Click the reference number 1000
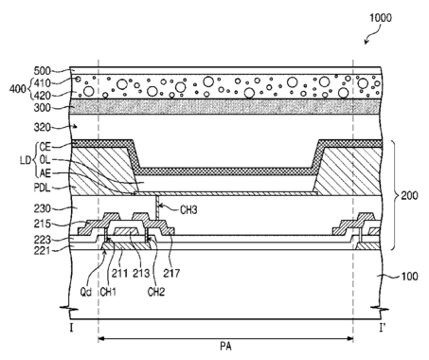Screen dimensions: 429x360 pos(381,17)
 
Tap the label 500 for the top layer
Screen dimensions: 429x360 pos(43,71)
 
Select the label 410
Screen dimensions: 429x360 pos(43,83)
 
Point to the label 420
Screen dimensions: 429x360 pos(43,96)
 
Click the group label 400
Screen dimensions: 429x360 pos(18,89)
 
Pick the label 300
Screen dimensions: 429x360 pos(43,108)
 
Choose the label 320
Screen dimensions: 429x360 pos(43,127)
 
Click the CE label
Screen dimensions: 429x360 pos(45,147)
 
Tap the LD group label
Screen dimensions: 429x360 pos(26,160)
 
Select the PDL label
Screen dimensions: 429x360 pos(43,188)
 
